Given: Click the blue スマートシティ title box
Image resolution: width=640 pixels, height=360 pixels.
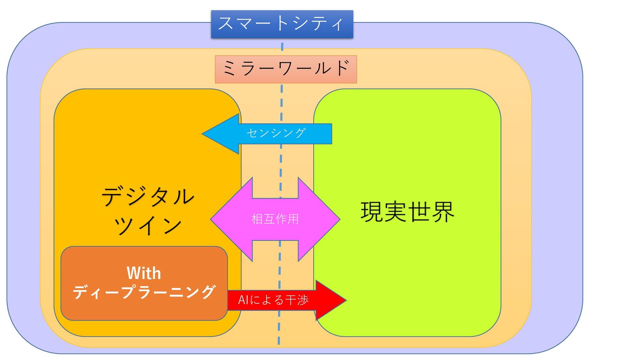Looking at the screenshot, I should coord(282,24).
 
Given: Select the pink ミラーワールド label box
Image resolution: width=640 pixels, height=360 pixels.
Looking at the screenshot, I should coord(286,69).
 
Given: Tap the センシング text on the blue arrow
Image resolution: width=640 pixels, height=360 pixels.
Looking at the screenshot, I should coord(276,133).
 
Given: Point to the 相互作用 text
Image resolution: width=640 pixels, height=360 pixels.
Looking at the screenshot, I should coord(275,219).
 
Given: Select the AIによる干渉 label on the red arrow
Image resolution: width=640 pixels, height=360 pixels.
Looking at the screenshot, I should coord(273,300).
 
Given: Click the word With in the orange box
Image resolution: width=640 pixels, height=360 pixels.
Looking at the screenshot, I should coord(144,273).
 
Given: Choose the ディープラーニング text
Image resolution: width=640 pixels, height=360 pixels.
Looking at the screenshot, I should coord(144,292).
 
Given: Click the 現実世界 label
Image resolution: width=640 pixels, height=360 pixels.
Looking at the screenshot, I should coord(407,212).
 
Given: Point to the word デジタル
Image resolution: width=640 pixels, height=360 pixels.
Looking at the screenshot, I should coord(148,196).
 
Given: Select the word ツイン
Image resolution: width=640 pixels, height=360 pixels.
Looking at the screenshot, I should coord(148,225).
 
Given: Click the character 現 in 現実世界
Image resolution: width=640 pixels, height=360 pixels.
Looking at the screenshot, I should coord(372,212).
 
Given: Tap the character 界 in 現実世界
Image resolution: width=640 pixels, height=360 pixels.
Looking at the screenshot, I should coord(443,212).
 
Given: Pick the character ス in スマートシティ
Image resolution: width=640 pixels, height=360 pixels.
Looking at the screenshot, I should coord(226,23).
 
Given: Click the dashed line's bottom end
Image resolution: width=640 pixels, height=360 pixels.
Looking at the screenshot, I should coord(279,343).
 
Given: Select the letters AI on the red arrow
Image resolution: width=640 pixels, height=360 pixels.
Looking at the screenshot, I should coord(243,300).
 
